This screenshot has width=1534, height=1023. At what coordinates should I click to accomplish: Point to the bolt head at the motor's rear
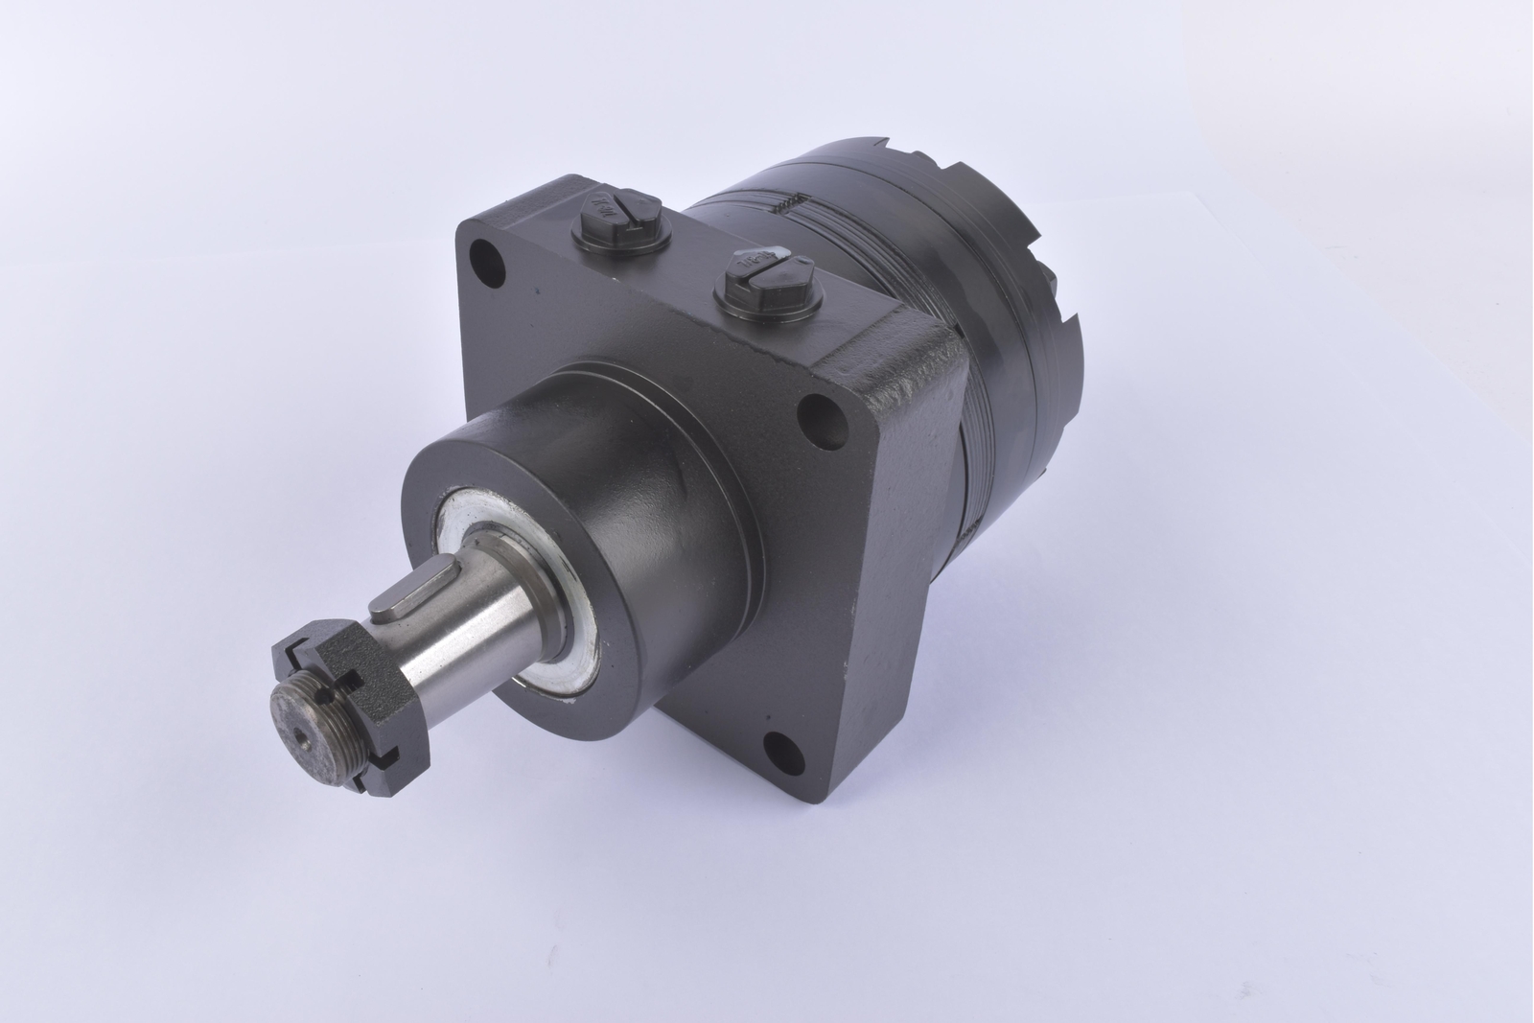(1052, 284)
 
